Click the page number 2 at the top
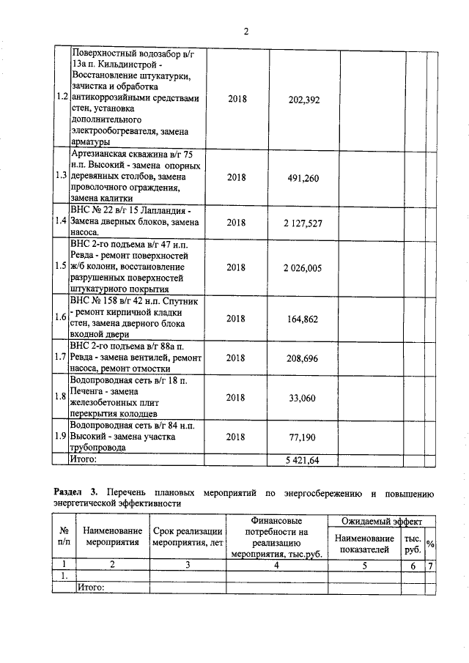tap(246, 32)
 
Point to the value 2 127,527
tap(303, 223)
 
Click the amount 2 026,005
tap(303, 267)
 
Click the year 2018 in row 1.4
tap(236, 223)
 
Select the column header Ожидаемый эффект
tap(382, 522)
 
